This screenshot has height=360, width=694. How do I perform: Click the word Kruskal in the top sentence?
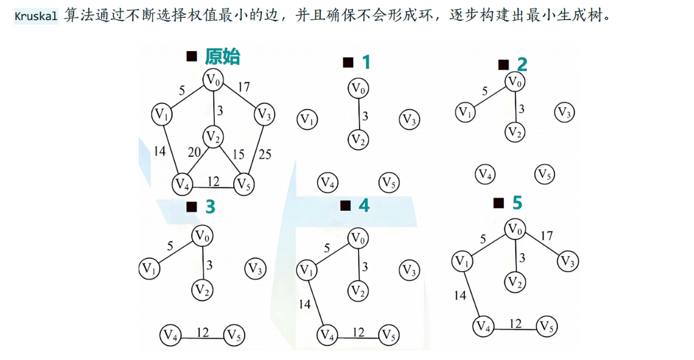pos(36,16)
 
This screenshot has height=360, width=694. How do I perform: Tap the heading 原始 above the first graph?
pos(222,56)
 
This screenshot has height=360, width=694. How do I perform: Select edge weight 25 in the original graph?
pos(265,154)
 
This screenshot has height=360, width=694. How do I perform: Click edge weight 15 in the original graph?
pos(238,154)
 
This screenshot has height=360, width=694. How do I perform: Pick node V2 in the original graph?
pos(213,137)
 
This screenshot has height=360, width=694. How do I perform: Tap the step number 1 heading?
pos(366,63)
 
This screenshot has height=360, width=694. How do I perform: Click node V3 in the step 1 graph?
pos(410,120)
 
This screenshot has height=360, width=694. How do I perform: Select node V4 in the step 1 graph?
pos(327,183)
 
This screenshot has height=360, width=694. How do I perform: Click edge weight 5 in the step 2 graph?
pos(485,90)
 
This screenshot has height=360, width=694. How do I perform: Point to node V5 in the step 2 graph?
pos(545,174)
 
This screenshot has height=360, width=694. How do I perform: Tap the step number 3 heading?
pos(210,207)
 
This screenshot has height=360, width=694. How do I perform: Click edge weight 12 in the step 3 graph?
pos(203,331)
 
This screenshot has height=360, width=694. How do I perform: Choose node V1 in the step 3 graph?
pos(149,268)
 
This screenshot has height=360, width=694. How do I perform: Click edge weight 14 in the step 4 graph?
pos(304,304)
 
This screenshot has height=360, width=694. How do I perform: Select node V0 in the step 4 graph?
pos(358,237)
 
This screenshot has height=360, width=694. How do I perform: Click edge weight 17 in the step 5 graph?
pos(547,235)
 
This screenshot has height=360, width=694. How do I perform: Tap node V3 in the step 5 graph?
pos(568,262)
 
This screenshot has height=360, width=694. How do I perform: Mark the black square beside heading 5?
pos(499,203)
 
